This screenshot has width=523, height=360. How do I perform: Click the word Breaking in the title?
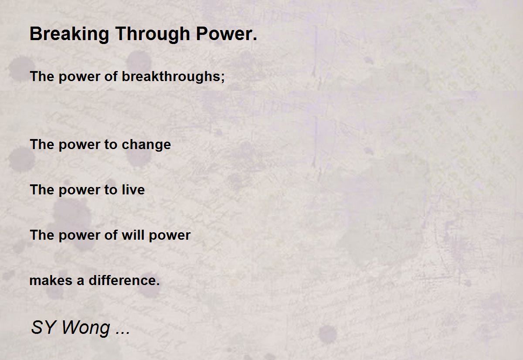pyautogui.click(x=69, y=34)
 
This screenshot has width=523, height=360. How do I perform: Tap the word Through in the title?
pyautogui.click(x=153, y=34)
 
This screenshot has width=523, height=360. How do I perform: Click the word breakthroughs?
pyautogui.click(x=171, y=77)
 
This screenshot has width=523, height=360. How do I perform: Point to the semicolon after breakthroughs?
pyautogui.click(x=223, y=78)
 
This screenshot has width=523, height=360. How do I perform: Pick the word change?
pyautogui.click(x=146, y=145)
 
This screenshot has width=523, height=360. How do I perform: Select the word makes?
pyautogui.click(x=51, y=280)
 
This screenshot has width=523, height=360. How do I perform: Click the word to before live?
pyautogui.click(x=110, y=190)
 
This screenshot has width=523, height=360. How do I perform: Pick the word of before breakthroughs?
pyautogui.click(x=111, y=76)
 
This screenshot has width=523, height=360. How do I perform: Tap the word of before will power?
pyautogui.click(x=111, y=234)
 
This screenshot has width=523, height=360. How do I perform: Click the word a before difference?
pyautogui.click(x=80, y=281)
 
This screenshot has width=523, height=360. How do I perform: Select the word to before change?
pyautogui.click(x=110, y=145)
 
